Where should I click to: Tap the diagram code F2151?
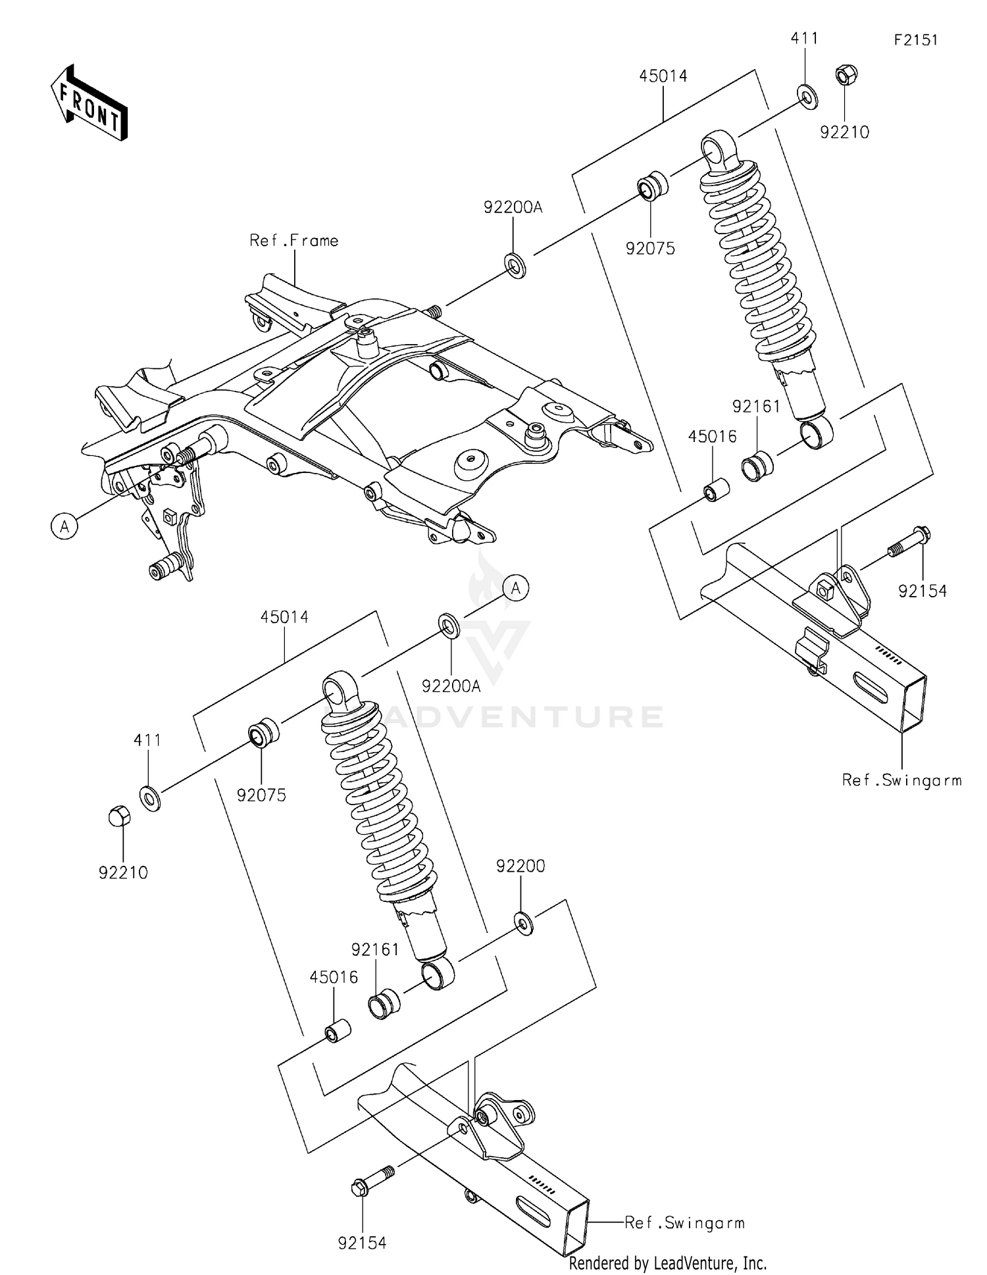pos(915,40)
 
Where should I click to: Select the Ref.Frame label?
pos(293,241)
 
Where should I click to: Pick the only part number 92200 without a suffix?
pos(520,866)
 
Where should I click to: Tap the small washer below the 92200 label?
pos(524,923)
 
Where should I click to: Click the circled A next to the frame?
pos(64,526)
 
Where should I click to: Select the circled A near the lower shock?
pos(517,588)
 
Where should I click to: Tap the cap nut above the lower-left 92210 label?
pos(120,817)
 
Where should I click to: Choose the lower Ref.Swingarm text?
pos(684,1223)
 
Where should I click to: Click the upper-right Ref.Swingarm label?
pos(901,780)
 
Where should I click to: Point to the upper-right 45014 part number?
pos(663,76)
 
